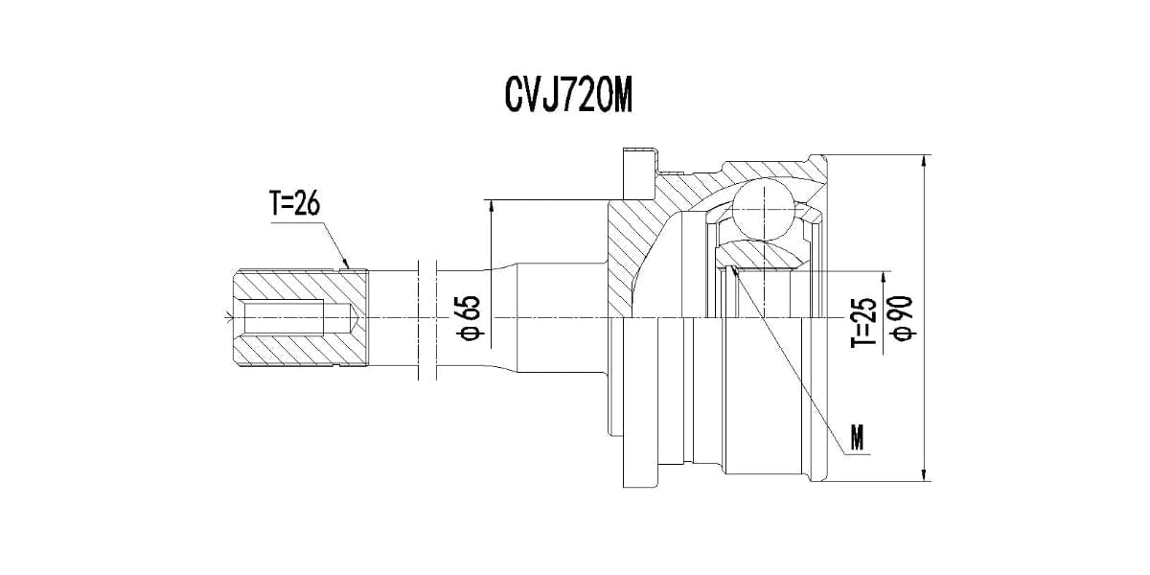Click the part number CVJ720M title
pyautogui.click(x=568, y=96)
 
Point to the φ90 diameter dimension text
pyautogui.click(x=904, y=318)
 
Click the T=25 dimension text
pyautogui.click(x=863, y=320)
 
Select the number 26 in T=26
pyautogui.click(x=306, y=203)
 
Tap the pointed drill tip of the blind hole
pyautogui.click(x=355, y=317)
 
